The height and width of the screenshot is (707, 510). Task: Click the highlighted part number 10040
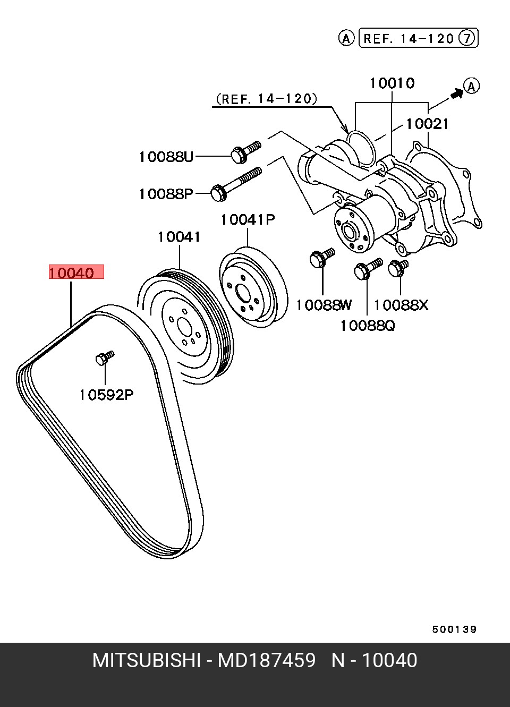71,273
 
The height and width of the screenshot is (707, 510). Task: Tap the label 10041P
248,219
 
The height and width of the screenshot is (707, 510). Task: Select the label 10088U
166,157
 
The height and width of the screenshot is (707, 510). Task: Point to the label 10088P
166,194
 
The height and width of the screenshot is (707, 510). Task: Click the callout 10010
392,83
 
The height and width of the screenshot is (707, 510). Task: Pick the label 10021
427,124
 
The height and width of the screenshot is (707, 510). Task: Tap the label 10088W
324,305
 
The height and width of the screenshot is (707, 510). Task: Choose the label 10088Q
368,325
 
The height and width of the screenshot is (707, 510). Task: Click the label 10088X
401,305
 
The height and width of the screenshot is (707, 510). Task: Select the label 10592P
105,395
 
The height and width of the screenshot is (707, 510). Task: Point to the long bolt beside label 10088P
236,183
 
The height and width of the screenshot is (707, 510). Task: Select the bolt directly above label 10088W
321,258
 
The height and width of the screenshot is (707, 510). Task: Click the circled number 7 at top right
467,38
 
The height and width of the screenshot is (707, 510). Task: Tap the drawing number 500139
454,629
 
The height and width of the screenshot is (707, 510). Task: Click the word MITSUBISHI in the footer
147,661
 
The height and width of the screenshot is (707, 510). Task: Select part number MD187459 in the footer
267,661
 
